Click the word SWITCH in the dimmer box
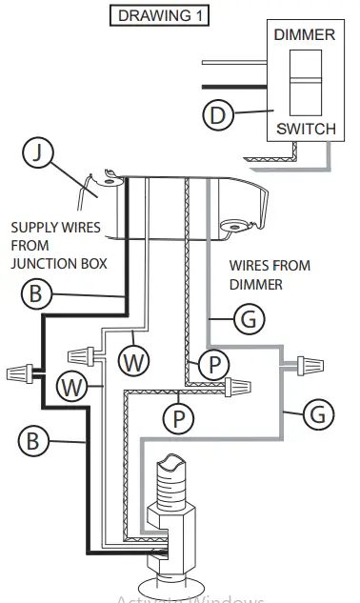click(305, 129)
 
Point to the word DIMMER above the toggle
click(305, 35)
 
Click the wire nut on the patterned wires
click(244, 386)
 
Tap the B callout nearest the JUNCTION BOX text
click(35, 294)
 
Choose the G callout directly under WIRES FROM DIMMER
click(249, 319)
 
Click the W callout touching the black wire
click(68, 387)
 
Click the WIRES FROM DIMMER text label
click(270, 274)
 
